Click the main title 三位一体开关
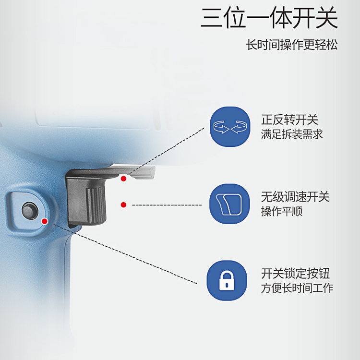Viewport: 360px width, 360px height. click(269, 18)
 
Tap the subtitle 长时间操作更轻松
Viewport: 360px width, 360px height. click(291, 45)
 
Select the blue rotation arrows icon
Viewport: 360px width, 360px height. click(230, 127)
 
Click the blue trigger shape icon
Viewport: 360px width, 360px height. click(229, 204)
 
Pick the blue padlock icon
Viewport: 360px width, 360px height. click(227, 281)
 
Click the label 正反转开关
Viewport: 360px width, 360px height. click(289, 120)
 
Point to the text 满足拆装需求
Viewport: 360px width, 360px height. click(291, 134)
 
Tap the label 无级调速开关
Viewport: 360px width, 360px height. click(295, 197)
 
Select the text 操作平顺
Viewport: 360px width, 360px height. click(281, 211)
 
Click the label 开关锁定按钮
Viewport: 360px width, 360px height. click(295, 274)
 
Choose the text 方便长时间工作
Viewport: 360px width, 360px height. click(297, 288)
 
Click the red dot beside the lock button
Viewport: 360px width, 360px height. click(45, 221)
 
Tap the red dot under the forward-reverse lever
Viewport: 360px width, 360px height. click(123, 179)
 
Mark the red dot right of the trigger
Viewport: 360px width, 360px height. click(123, 204)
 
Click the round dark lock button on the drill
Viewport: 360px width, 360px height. click(30, 210)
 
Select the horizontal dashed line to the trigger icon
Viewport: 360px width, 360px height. click(167, 205)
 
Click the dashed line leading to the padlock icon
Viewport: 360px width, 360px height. click(125, 254)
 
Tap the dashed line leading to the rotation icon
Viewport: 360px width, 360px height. click(167, 151)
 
